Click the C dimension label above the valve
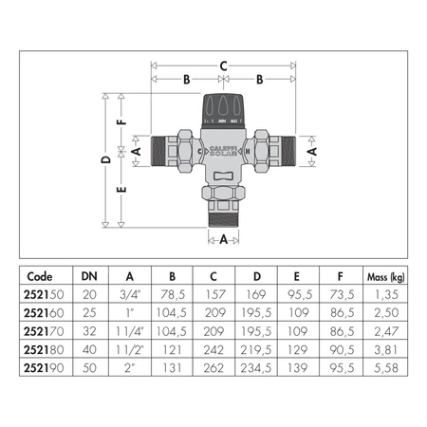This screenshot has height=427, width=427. pyautogui.click(x=223, y=66)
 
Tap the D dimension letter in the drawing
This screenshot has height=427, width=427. pyautogui.click(x=106, y=159)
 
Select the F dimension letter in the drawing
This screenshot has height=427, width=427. pyautogui.click(x=122, y=121)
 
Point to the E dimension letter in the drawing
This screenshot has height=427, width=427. pyautogui.click(x=122, y=189)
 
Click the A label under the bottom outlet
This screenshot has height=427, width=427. pyautogui.click(x=224, y=239)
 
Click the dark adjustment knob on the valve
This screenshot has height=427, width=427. pyautogui.click(x=223, y=111)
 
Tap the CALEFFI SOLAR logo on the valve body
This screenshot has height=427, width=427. pyautogui.click(x=223, y=151)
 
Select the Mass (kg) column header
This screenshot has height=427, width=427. pyautogui.click(x=386, y=277)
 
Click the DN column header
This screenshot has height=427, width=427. pyautogui.click(x=89, y=276)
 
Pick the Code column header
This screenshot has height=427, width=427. pyautogui.click(x=40, y=276)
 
